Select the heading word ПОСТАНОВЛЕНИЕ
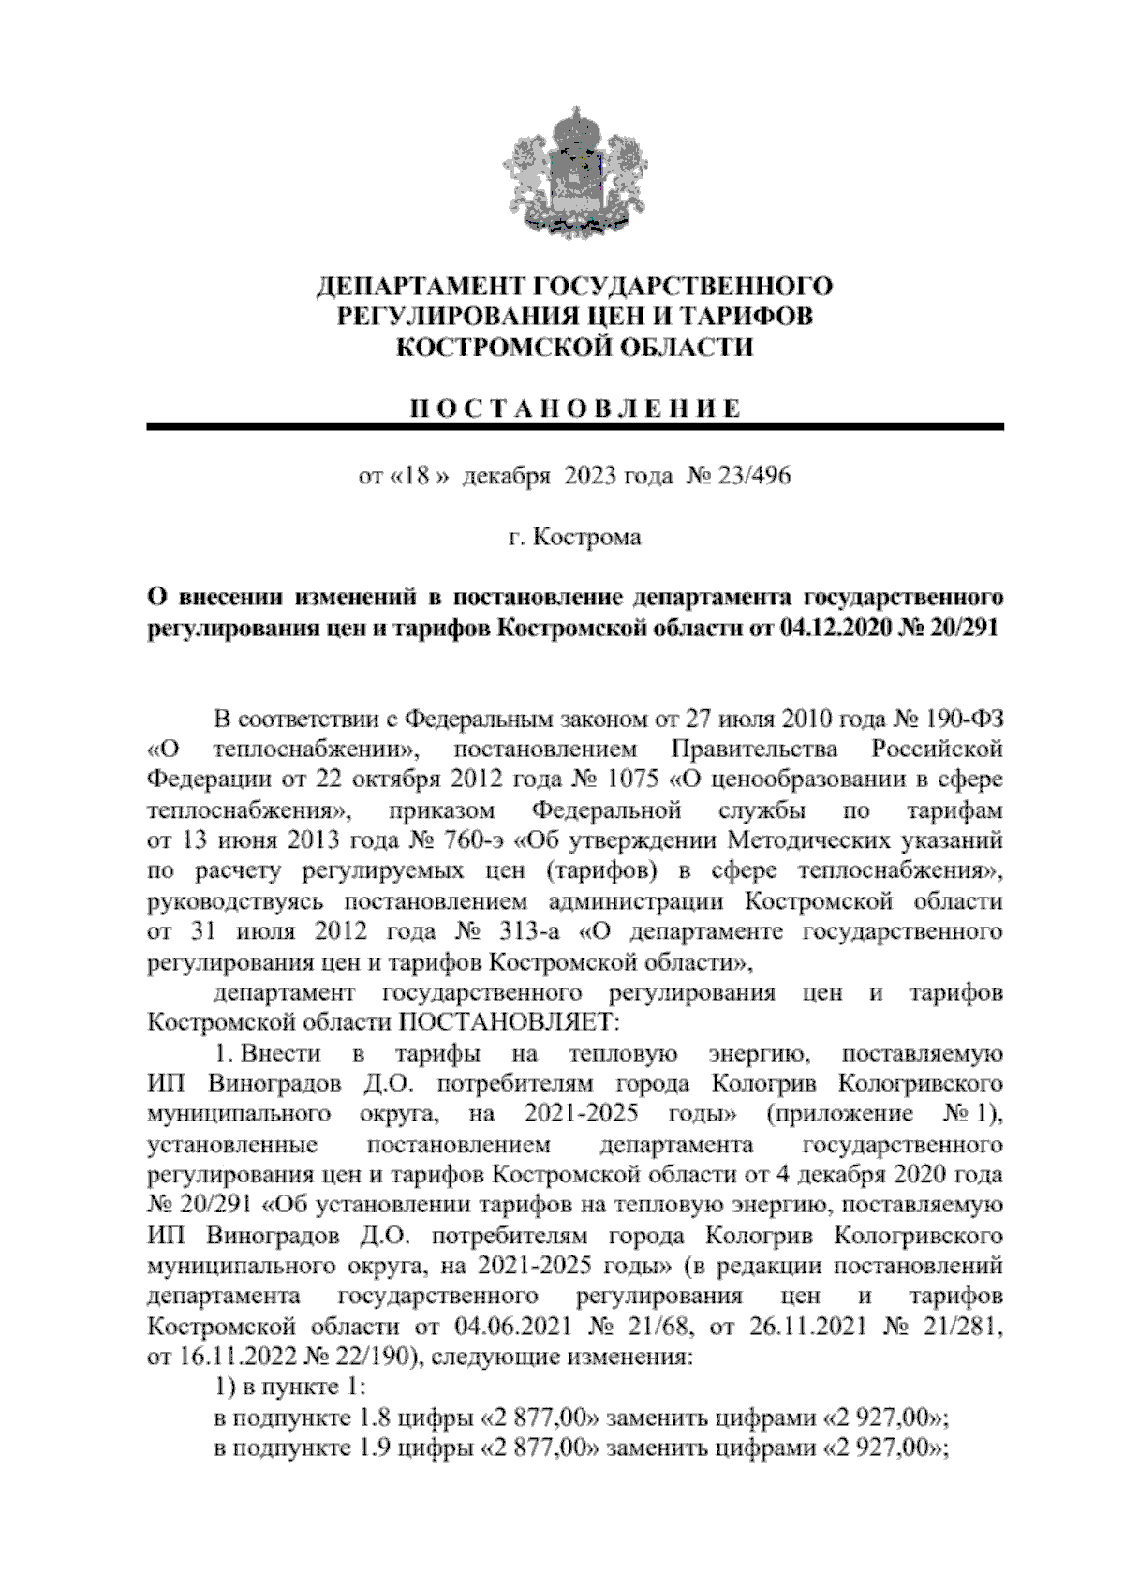click(575, 408)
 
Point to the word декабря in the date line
click(506, 476)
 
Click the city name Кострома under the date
click(586, 537)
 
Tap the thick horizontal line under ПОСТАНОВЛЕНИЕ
click(575, 428)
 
